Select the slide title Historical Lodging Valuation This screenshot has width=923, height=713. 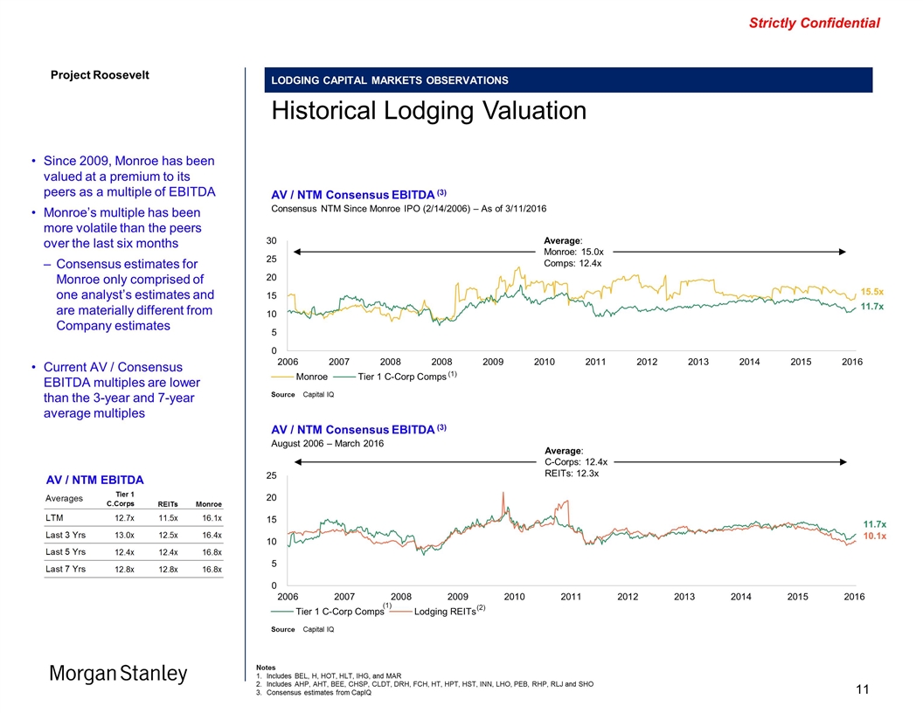428,111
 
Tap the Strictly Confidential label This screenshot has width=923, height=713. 814,24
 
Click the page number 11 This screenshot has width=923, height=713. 862,691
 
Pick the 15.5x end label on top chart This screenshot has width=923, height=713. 872,291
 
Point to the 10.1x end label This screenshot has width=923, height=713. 874,536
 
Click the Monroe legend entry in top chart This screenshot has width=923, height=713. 311,377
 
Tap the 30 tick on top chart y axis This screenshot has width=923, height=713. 272,241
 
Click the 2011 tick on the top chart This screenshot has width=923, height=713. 595,362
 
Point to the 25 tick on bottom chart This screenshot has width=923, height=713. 272,476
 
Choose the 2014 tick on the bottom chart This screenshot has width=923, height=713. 740,596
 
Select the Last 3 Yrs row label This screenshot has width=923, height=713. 65,536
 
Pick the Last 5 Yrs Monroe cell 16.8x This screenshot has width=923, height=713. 209,552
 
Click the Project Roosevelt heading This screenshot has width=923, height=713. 98,74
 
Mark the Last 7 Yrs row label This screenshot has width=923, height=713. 65,569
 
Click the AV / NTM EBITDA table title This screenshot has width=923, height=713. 94,479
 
